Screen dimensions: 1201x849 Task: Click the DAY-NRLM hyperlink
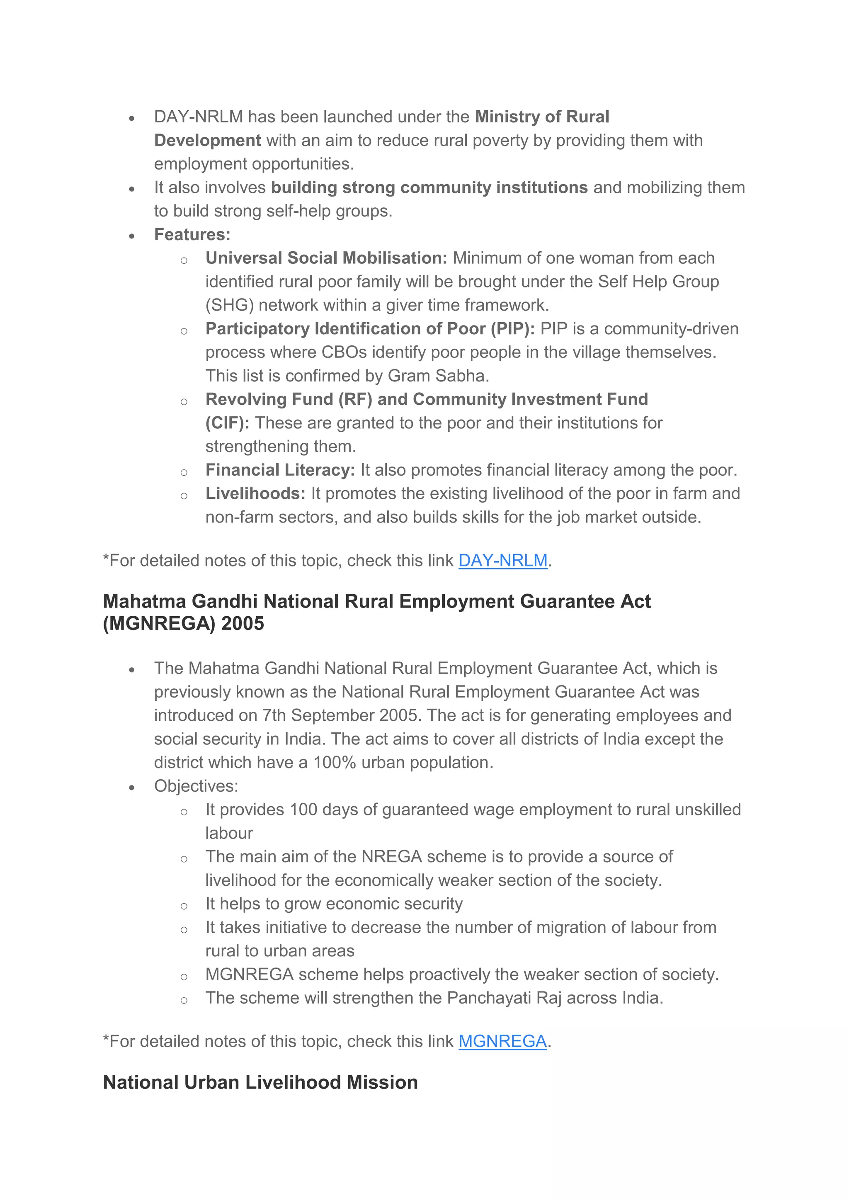point(502,560)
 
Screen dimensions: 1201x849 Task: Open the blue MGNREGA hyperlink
point(502,1041)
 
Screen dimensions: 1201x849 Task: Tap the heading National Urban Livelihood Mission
point(260,1082)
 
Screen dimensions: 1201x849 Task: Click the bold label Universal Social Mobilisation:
point(326,258)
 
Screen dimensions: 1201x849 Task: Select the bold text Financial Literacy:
point(280,470)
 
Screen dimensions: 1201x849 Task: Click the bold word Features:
point(192,234)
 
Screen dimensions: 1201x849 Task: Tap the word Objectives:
point(196,786)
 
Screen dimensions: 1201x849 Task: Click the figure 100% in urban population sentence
point(335,762)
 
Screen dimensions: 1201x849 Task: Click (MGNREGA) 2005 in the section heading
point(184,623)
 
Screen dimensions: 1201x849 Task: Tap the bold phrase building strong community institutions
point(429,187)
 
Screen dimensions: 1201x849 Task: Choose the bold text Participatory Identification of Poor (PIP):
point(370,328)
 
